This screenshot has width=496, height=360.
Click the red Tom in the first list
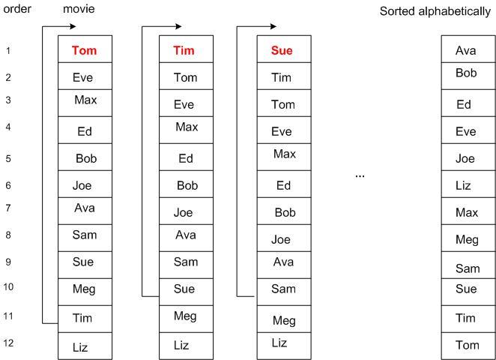click(84, 50)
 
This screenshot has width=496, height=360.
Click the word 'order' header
click(17, 8)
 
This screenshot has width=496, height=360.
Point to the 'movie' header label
click(79, 8)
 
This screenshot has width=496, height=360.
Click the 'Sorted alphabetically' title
click(435, 11)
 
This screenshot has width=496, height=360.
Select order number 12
click(8, 343)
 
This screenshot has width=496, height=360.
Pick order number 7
click(8, 208)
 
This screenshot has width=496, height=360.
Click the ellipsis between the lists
click(360, 176)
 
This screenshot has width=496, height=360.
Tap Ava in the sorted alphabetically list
click(465, 50)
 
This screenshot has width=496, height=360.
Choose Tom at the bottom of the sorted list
click(468, 345)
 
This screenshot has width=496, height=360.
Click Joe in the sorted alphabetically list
click(465, 158)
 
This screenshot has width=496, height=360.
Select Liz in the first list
click(80, 347)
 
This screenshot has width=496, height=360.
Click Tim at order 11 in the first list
click(82, 318)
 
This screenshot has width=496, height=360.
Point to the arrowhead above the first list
click(73, 26)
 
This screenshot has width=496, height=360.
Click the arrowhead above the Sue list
click(273, 26)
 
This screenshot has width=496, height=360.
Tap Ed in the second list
click(186, 158)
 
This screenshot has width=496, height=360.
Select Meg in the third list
click(284, 321)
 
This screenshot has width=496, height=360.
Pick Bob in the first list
click(86, 158)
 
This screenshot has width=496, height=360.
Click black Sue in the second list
click(184, 289)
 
